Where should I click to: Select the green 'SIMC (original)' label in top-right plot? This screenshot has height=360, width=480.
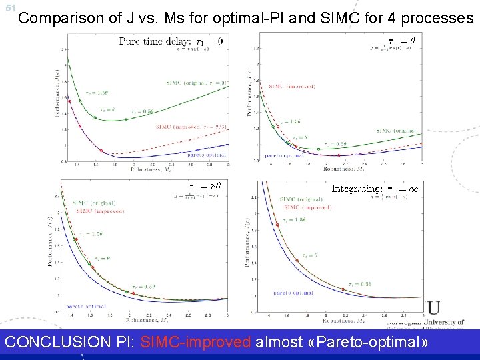397,131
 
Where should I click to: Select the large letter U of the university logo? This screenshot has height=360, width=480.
434,308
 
